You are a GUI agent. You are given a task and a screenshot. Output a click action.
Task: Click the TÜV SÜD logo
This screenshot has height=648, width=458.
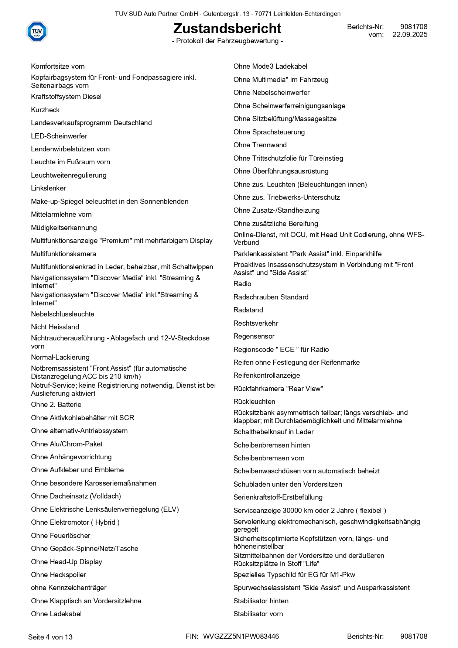click(x=37, y=31)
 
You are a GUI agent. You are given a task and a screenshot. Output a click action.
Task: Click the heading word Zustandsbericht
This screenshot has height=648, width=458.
click(x=227, y=28)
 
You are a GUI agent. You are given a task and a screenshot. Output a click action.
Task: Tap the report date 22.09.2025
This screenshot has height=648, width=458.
click(x=410, y=35)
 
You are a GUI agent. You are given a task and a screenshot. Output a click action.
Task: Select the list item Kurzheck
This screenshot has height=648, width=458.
click(x=45, y=110)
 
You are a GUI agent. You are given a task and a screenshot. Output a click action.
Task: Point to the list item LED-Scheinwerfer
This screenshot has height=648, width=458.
click(x=59, y=136)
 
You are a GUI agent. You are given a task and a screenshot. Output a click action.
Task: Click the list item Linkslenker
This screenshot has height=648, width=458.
click(x=48, y=188)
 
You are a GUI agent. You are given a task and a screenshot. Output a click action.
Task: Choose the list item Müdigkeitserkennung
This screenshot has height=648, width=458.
click(x=64, y=228)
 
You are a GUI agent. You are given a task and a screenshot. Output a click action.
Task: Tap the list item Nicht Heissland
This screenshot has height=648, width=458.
click(x=55, y=327)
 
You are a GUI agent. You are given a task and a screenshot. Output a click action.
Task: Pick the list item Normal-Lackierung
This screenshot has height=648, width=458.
click(x=60, y=357)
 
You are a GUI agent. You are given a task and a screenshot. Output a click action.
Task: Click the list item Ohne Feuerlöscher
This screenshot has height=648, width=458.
click(x=61, y=536)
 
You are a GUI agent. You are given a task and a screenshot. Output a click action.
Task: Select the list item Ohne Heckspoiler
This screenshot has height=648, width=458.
click(x=58, y=575)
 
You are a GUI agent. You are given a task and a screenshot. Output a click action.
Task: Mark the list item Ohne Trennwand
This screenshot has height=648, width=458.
click(x=260, y=145)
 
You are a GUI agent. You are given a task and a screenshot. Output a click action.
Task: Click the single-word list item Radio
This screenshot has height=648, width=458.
click(x=242, y=284)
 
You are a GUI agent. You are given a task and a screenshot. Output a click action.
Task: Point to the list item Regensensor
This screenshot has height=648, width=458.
click(x=254, y=336)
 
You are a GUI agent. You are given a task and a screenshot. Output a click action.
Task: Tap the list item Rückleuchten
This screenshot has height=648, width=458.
click(x=254, y=402)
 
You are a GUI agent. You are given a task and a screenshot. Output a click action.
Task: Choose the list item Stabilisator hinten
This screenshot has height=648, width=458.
click(x=261, y=601)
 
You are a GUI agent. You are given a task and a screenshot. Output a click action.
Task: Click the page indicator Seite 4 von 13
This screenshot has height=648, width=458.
click(x=50, y=637)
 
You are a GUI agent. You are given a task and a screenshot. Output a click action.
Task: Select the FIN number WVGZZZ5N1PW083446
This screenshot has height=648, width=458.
click(x=241, y=637)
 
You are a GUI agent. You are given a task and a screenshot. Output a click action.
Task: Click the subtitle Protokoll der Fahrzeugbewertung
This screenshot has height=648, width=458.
click(x=228, y=41)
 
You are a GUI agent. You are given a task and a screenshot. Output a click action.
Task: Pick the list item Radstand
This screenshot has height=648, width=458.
click(x=248, y=310)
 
